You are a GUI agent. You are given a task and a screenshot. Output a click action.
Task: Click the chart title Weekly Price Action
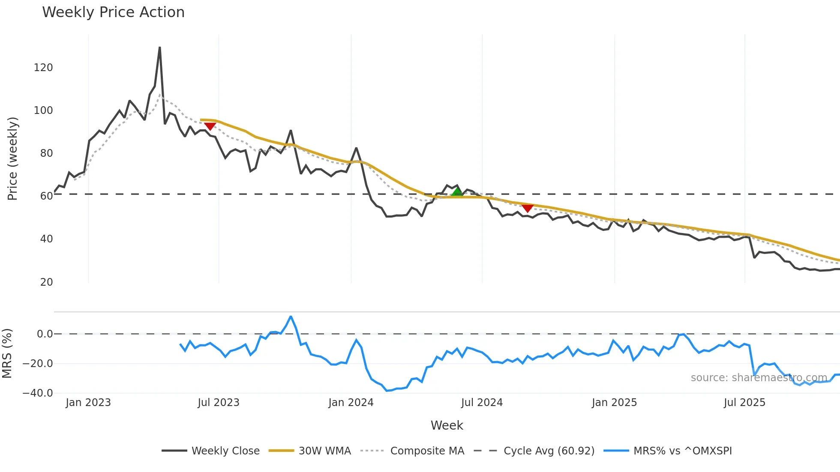click(113, 12)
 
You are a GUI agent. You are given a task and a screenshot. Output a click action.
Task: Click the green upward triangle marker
click(457, 192)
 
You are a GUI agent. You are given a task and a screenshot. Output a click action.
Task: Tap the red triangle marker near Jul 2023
click(210, 126)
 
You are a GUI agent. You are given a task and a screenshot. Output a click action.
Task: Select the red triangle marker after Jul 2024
click(528, 209)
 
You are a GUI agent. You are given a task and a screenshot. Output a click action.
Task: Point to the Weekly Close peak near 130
click(160, 48)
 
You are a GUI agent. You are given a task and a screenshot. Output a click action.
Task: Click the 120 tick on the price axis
click(43, 68)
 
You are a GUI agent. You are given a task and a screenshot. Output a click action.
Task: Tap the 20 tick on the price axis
click(46, 282)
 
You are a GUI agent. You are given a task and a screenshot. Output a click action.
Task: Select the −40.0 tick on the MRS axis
click(38, 393)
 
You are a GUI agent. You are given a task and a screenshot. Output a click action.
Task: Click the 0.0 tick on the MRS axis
click(45, 334)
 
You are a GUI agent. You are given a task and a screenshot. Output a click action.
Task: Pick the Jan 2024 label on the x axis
click(351, 403)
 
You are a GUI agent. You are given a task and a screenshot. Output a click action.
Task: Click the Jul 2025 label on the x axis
click(744, 403)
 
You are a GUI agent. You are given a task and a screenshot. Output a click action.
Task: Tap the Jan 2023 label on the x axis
click(88, 403)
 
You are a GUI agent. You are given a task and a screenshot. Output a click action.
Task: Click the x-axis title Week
click(447, 425)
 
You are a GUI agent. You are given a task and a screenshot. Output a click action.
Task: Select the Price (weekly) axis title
click(13, 158)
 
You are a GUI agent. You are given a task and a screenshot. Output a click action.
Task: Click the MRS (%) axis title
click(7, 353)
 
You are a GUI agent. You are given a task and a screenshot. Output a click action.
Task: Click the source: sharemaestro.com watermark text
click(759, 378)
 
